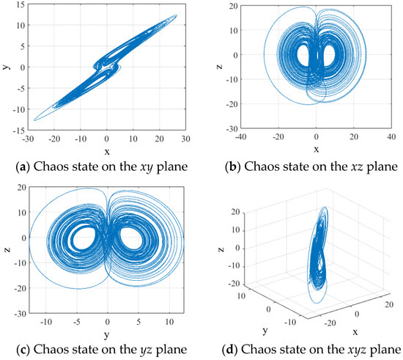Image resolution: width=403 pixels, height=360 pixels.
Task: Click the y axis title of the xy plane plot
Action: (x=6, y=67)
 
